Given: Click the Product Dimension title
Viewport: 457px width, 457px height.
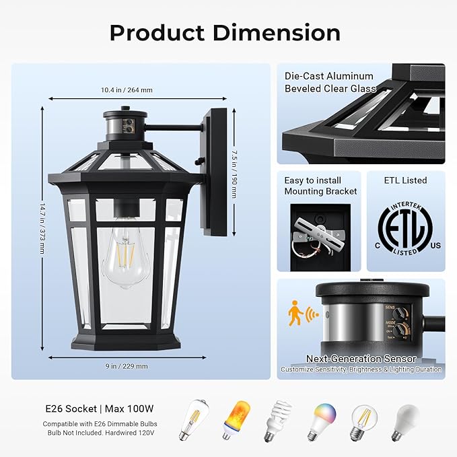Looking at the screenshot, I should coord(225,32).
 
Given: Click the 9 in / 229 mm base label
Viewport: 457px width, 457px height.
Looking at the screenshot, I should coord(127,366).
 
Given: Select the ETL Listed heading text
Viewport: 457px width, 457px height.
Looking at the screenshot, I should coord(405,180).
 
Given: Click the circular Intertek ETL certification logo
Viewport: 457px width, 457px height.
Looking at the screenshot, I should coord(405,229).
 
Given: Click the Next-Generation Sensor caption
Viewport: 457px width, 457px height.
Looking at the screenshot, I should coord(361,359).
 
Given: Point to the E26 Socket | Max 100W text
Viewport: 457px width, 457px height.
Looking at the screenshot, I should coord(99,408).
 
